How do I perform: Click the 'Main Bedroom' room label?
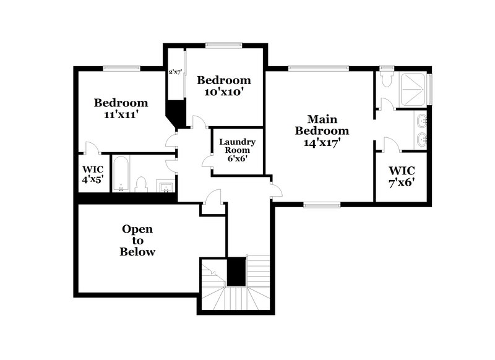(x=322, y=124)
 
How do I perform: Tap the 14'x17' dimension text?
(x=322, y=142)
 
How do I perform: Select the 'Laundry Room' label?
(x=238, y=146)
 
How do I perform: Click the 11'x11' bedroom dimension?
(x=121, y=114)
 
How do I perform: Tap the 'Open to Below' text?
(x=137, y=240)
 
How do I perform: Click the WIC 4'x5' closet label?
(x=93, y=173)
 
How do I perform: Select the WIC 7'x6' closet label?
(x=402, y=176)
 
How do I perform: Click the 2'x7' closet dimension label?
(x=175, y=72)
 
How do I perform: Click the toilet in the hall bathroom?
(x=141, y=184)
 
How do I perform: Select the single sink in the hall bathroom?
(x=165, y=185)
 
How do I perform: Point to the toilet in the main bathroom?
(x=386, y=79)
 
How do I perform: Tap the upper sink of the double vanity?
(x=420, y=121)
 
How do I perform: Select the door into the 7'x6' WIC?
(x=389, y=145)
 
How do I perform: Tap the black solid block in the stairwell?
(x=236, y=272)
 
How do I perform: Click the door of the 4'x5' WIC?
(x=91, y=148)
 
